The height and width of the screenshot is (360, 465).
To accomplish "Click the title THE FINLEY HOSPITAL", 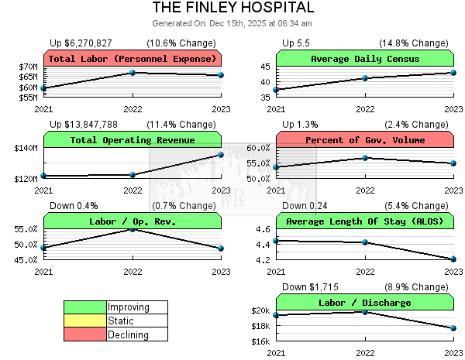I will (x=232, y=8).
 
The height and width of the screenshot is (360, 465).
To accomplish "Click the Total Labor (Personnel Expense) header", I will (x=133, y=59).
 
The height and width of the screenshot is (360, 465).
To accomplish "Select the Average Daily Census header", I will (x=365, y=59).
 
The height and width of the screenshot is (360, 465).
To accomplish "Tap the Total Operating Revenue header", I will (x=133, y=140).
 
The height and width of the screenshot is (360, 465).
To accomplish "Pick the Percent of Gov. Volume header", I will (x=365, y=140).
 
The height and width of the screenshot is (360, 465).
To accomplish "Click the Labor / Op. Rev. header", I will (x=133, y=221).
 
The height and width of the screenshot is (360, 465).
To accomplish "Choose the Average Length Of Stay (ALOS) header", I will (x=365, y=221).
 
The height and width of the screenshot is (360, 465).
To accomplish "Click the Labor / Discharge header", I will (x=365, y=303).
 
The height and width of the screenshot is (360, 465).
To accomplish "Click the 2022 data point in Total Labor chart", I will (x=133, y=73).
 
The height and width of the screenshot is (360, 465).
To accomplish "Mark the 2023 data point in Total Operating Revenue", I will (x=221, y=155).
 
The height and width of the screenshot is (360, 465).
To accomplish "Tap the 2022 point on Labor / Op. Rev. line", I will (x=133, y=229).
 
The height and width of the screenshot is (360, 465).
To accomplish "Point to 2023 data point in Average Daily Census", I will (x=453, y=73).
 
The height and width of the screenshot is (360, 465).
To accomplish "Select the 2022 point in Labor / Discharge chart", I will (x=365, y=311).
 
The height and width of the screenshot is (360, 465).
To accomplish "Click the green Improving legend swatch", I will (x=85, y=307).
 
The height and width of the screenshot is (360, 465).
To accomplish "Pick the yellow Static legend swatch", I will (x=85, y=321).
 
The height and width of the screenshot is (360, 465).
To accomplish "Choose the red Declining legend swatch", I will (x=85, y=335).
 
